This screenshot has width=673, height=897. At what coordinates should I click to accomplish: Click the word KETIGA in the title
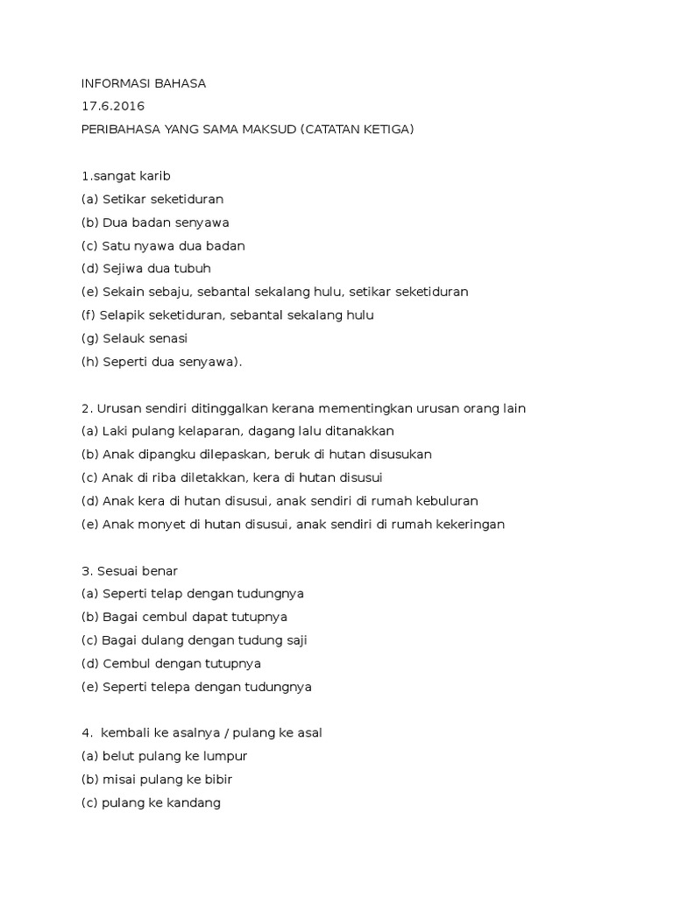point(382,130)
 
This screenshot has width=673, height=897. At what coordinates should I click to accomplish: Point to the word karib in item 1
point(154,176)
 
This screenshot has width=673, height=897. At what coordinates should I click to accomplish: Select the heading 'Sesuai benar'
point(130,571)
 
